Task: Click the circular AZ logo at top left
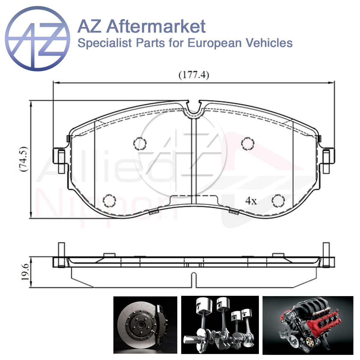coord(37,39)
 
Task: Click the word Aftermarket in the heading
coord(156,26)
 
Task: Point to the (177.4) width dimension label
coord(194,75)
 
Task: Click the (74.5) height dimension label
coord(24,159)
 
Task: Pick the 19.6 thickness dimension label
coord(25,272)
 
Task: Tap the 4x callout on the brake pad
coord(251,201)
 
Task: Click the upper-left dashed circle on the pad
coord(140,143)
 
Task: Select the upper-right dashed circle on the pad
coord(248,143)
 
